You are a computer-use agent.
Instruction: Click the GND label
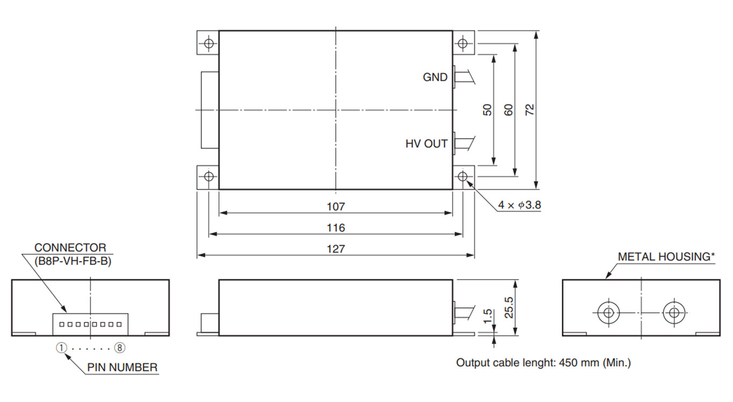point(435,77)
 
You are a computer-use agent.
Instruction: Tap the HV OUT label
point(426,144)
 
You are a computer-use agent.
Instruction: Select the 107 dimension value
point(336,206)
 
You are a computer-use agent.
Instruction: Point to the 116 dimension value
point(336,228)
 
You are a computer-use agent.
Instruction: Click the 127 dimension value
point(336,249)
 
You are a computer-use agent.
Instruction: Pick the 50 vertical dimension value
point(487,110)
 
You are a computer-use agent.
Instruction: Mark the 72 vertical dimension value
point(530,110)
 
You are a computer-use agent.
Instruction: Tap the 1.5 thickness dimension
point(488,316)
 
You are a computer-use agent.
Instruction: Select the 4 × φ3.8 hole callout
point(518,206)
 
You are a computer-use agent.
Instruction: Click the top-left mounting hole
point(209,43)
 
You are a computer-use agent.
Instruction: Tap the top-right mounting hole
point(463,43)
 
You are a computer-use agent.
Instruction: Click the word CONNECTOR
point(70,248)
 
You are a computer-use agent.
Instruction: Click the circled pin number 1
point(62,348)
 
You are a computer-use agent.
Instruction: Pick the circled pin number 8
point(120,348)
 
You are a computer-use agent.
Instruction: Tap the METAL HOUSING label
point(666,257)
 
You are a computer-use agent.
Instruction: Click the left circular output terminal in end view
point(608,312)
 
